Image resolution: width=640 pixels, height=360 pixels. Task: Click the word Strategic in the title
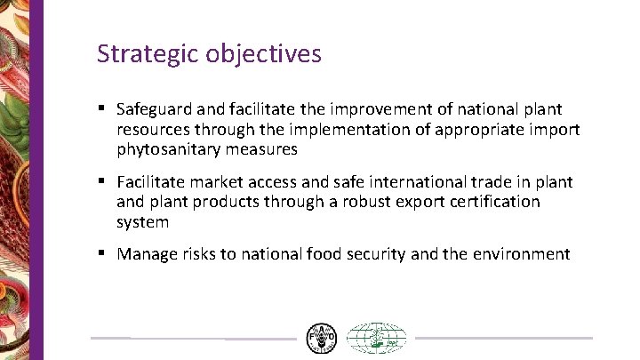pos(147,54)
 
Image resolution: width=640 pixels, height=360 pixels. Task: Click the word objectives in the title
pos(263,54)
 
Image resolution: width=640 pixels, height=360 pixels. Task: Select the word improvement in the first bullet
pos(375,109)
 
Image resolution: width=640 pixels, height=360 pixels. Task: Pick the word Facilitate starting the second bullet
pos(152,182)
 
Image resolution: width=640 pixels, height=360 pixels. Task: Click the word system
pos(142,222)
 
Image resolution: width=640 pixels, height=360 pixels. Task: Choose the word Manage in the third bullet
pos(148,254)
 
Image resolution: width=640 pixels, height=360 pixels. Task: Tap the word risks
pos(200,254)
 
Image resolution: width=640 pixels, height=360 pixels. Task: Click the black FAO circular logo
pos(321,339)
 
